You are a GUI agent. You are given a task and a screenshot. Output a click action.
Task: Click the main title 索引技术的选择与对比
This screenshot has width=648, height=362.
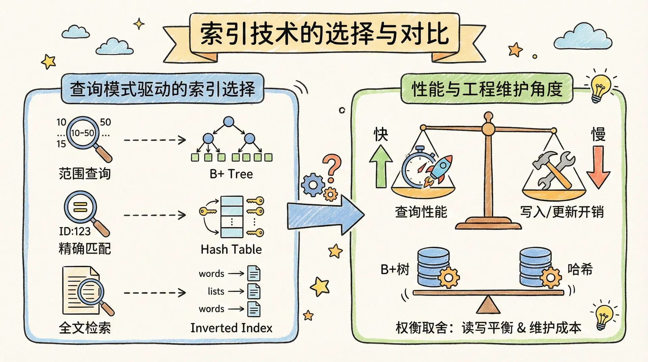(324, 34)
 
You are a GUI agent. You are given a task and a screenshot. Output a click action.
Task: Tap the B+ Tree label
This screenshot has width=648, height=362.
(231, 174)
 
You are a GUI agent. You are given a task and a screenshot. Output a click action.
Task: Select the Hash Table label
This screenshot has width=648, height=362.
(231, 249)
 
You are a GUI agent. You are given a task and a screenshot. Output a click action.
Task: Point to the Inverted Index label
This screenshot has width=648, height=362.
(231, 328)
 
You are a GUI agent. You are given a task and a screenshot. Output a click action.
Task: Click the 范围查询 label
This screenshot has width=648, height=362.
(84, 174)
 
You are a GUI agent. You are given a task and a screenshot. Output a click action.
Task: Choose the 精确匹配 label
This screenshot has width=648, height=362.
(84, 249)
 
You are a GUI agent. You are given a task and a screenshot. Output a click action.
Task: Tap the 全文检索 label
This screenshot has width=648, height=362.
(84, 328)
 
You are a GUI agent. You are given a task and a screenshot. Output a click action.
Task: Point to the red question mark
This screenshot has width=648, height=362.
(332, 167)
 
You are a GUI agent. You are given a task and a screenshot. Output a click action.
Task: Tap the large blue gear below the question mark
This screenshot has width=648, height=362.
(313, 185)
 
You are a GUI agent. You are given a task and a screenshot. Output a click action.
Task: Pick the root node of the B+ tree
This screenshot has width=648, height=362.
(229, 121)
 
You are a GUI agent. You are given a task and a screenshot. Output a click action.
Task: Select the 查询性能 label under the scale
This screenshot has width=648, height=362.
(421, 212)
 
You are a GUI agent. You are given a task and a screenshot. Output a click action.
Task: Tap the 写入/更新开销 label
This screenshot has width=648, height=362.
(562, 212)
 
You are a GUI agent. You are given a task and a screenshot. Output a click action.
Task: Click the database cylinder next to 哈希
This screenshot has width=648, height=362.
(535, 267)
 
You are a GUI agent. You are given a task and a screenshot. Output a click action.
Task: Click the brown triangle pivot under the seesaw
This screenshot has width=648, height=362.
(488, 305)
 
